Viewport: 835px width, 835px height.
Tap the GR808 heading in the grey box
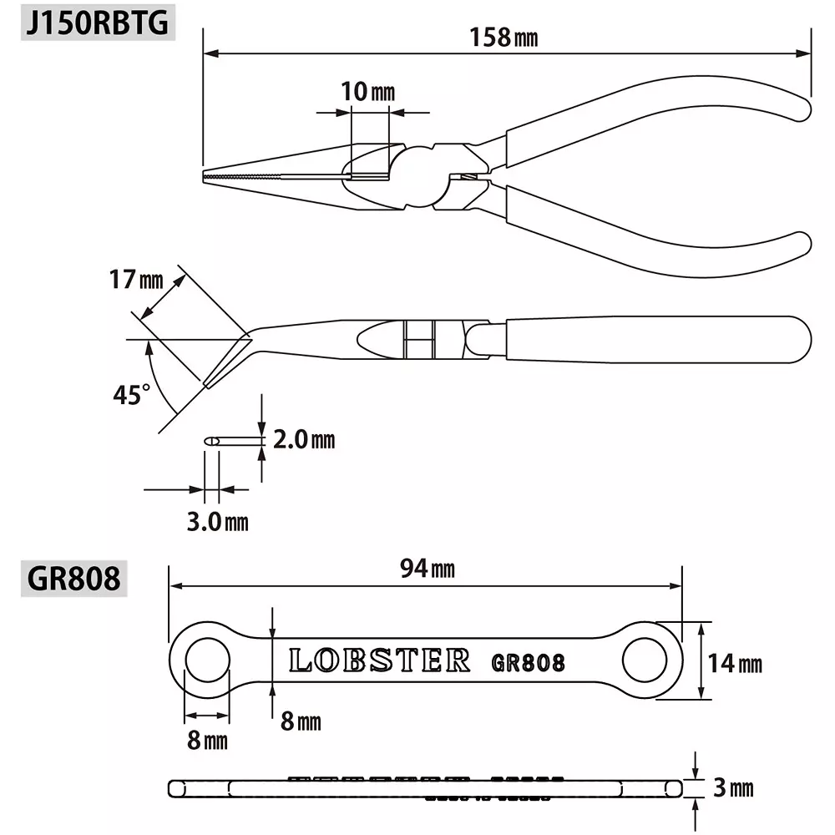(74, 578)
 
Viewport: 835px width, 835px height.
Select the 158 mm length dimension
(502, 38)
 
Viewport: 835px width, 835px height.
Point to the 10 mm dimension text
(367, 92)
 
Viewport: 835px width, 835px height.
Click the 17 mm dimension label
(136, 280)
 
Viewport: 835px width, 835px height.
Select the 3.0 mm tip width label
(217, 522)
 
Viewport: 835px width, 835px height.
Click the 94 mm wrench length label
(427, 569)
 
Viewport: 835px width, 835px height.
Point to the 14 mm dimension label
(736, 664)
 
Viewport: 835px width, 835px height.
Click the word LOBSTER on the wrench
(380, 660)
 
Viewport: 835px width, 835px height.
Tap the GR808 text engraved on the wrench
(528, 663)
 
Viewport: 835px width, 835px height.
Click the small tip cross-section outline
(211, 440)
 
